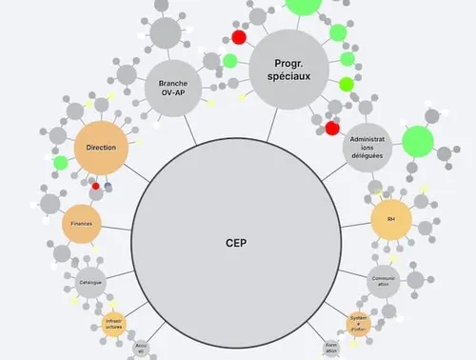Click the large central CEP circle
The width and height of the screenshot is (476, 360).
[237, 242]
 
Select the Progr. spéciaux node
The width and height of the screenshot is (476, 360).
[288, 67]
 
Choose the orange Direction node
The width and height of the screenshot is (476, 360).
[101, 148]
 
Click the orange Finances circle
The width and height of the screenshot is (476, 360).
[82, 223]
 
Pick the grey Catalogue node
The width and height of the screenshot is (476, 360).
[91, 282]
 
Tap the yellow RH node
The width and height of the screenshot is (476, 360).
[390, 218]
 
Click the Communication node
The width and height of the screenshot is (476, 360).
[384, 280]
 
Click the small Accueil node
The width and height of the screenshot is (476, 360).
[142, 349]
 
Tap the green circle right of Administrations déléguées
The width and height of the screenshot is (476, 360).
[417, 143]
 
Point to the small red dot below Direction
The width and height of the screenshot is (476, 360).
[95, 186]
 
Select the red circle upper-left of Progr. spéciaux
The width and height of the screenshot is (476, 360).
[239, 36]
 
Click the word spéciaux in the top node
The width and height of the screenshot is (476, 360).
[288, 75]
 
